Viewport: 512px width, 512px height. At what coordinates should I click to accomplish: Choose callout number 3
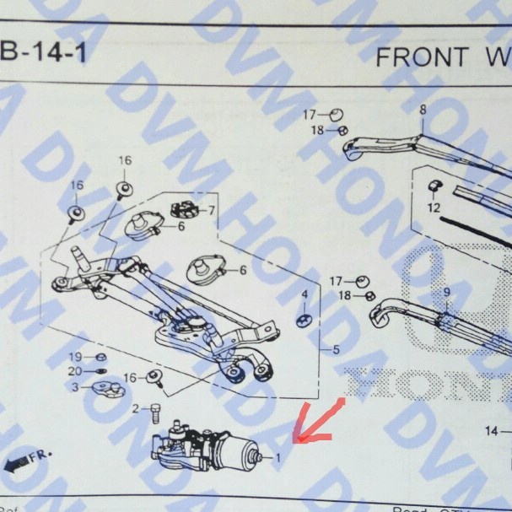[75, 387]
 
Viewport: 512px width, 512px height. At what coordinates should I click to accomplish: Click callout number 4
[305, 294]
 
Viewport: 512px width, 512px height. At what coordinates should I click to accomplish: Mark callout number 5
[336, 348]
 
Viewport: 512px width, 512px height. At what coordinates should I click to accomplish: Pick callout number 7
[212, 209]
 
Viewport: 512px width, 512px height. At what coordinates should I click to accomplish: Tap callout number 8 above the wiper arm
[423, 109]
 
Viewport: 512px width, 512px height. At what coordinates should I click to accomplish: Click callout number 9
[446, 293]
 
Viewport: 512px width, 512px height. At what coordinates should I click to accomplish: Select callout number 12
[434, 207]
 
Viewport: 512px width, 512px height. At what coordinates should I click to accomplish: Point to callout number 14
[493, 431]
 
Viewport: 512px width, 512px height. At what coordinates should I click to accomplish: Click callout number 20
[75, 371]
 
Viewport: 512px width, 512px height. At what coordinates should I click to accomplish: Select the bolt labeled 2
[156, 413]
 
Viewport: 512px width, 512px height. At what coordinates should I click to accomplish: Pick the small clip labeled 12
[435, 186]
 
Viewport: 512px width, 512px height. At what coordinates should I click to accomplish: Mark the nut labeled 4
[305, 319]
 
